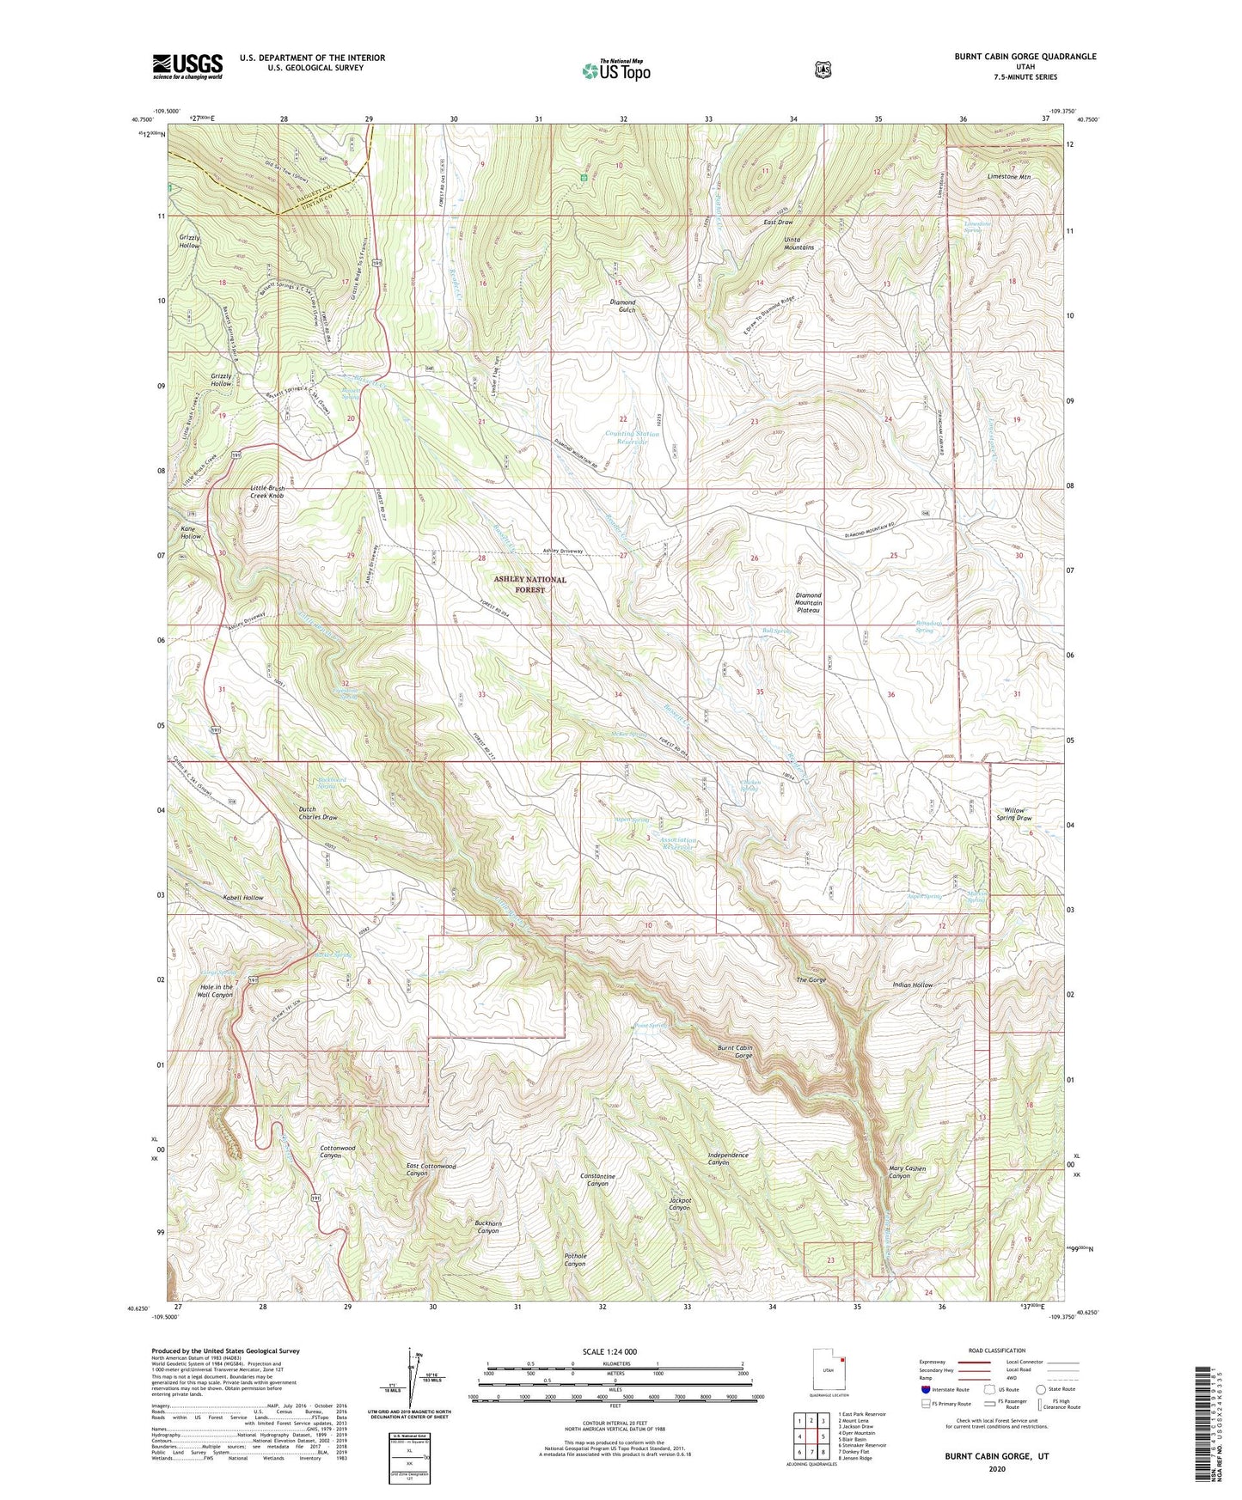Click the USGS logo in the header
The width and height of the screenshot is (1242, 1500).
(x=187, y=65)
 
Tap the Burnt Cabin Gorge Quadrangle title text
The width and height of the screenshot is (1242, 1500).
(x=1025, y=57)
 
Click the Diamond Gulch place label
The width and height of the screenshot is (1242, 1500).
(x=622, y=306)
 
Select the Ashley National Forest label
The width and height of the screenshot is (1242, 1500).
(x=529, y=584)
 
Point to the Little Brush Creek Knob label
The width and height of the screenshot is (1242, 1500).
(x=266, y=491)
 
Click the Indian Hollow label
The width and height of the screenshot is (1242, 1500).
(x=912, y=985)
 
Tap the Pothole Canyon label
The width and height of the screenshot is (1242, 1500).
(x=574, y=1259)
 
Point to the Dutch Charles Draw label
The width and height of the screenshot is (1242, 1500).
(x=318, y=813)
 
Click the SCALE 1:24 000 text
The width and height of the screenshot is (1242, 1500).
(x=609, y=1351)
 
